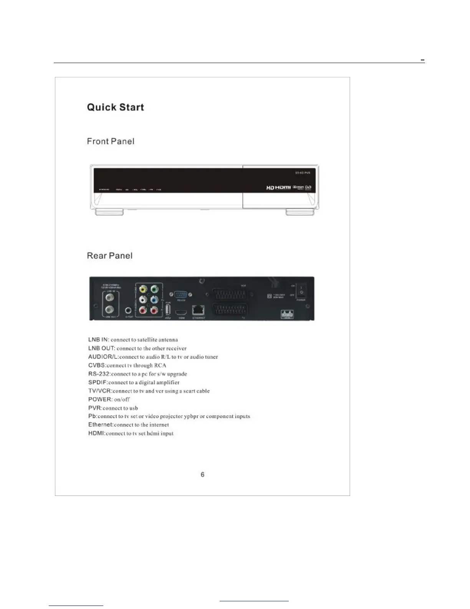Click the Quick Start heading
[115, 107]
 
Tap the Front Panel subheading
[111, 141]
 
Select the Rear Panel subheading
[109, 256]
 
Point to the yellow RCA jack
[143, 289]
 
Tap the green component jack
[154, 289]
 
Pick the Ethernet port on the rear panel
[198, 310]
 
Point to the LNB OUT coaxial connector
[110, 309]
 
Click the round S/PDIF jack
[129, 310]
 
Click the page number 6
[202, 475]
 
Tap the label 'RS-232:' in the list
[99, 374]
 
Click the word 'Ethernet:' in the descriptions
[101, 425]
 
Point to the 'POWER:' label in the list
[100, 399]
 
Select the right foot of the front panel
[300, 212]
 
